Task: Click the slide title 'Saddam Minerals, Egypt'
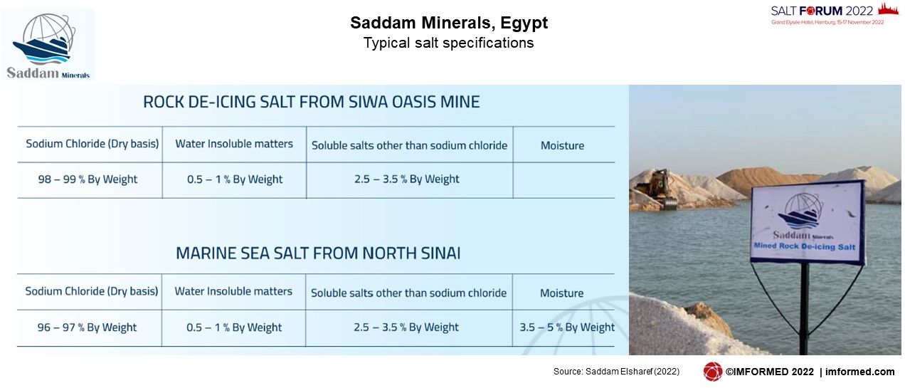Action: (x=449, y=23)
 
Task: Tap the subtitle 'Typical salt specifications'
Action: (x=448, y=43)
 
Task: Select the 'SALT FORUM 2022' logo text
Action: (x=822, y=11)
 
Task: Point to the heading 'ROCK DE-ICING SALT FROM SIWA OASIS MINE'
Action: (x=312, y=102)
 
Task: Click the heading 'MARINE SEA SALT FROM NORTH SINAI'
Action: (x=318, y=253)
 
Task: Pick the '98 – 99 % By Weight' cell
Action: (x=88, y=179)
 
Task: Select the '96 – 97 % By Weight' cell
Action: (x=87, y=327)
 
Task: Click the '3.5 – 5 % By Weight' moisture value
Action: (x=567, y=327)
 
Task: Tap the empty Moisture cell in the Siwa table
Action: (x=564, y=180)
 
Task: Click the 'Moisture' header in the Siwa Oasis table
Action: (x=562, y=145)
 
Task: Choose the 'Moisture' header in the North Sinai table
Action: (x=561, y=293)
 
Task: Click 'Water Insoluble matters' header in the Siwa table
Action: (x=234, y=144)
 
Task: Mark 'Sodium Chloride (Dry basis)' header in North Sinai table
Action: (x=92, y=291)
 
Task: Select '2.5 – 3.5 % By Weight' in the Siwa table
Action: (x=407, y=179)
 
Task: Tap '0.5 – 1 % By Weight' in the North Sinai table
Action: (x=234, y=327)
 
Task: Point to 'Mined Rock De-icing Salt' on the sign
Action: (x=805, y=246)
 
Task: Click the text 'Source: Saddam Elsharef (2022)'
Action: (x=616, y=372)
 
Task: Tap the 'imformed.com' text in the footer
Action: (x=859, y=372)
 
